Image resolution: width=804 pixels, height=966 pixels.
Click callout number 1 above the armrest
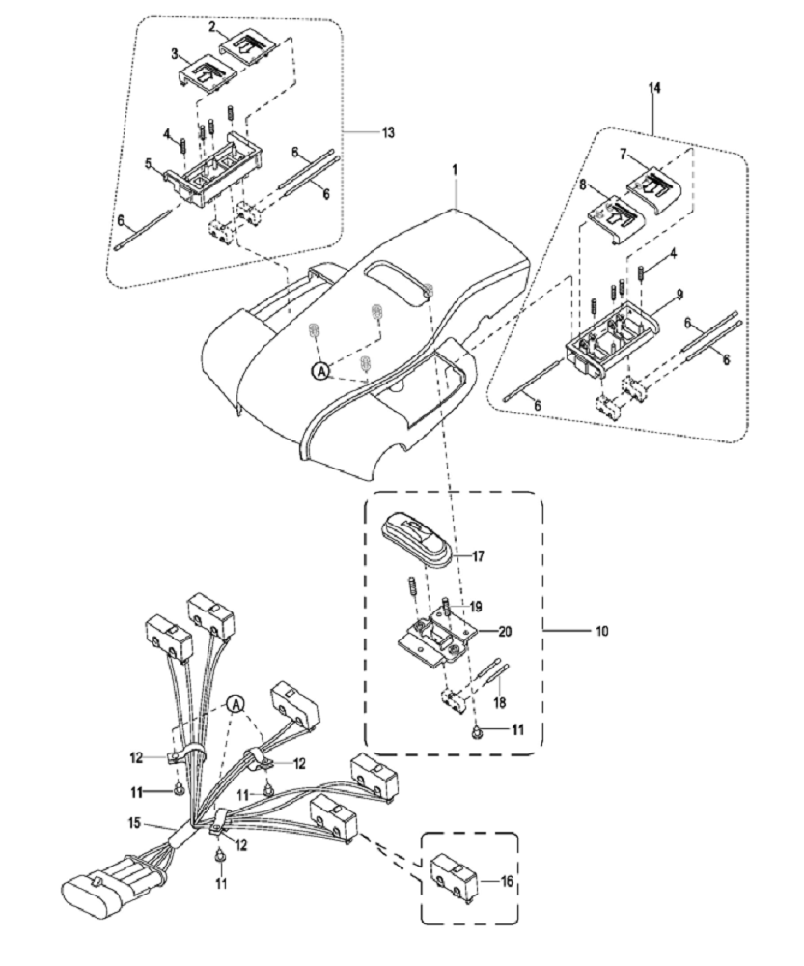[x=456, y=168]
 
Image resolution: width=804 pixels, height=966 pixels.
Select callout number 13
[x=388, y=132]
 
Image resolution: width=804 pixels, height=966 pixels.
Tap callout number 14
[x=654, y=88]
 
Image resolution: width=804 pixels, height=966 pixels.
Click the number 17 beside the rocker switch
[x=477, y=555]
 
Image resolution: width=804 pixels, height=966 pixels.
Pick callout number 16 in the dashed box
[x=506, y=881]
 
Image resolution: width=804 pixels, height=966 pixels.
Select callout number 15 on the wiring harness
[x=135, y=821]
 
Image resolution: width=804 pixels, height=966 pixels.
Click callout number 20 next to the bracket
[x=505, y=631]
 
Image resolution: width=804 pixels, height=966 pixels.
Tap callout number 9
[x=679, y=296]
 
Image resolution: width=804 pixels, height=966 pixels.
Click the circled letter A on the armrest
[x=319, y=370]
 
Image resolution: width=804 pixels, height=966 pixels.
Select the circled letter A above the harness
[x=236, y=703]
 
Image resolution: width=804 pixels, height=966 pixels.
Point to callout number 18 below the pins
[x=500, y=701]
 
